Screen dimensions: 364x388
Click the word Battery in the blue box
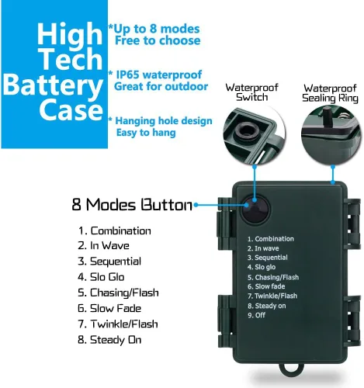tap(53, 86)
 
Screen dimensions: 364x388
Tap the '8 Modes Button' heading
tap(132, 205)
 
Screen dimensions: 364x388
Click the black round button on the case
tap(255, 210)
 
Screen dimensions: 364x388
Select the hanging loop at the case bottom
tap(293, 370)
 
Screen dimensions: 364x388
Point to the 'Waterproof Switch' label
tap(251, 92)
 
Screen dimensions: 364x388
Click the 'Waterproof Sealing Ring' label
tap(330, 93)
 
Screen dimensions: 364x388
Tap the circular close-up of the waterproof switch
tap(255, 135)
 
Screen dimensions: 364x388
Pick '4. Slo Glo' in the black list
tap(101, 277)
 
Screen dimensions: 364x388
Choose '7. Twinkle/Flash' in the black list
tap(118, 324)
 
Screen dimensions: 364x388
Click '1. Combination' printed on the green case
tap(271, 239)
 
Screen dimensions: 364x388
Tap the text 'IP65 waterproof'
tap(159, 74)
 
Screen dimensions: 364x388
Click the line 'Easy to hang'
tap(146, 133)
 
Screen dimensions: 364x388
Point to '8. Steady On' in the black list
tap(109, 340)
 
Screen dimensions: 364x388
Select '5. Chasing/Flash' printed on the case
tap(273, 277)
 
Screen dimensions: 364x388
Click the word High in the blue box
tap(70, 34)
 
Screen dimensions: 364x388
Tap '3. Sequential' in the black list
tap(109, 262)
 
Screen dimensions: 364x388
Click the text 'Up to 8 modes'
tap(157, 29)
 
